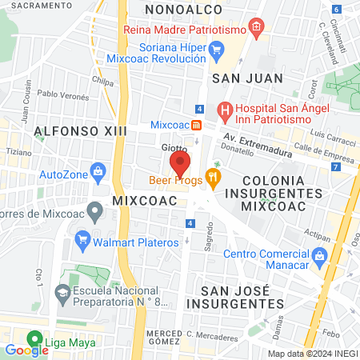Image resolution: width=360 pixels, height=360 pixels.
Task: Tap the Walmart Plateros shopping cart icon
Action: click(x=82, y=238)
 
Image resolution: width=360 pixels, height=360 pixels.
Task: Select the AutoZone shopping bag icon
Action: click(x=98, y=170)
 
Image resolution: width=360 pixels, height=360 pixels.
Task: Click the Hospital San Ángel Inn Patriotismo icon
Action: click(x=225, y=109)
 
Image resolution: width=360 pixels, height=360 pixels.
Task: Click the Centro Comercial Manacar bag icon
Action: click(x=320, y=255)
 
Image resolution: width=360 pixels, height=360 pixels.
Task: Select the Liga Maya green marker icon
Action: click(x=34, y=338)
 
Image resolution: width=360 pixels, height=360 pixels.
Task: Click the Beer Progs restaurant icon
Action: click(x=212, y=176)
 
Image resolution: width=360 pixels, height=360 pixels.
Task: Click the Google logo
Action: click(x=26, y=350)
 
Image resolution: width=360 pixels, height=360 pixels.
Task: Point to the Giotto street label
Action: click(x=174, y=148)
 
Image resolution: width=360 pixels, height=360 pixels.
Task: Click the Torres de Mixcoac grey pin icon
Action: click(x=94, y=212)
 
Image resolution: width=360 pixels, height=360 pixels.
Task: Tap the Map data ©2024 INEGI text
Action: click(x=312, y=354)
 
